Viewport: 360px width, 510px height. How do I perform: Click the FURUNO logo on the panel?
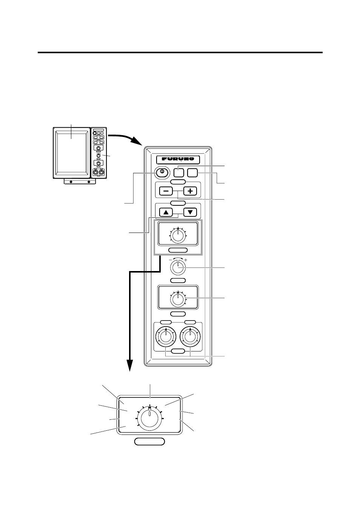point(178,159)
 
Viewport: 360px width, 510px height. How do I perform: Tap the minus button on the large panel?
point(166,191)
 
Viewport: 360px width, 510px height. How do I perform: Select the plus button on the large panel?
point(190,191)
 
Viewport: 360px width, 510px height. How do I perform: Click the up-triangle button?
point(166,212)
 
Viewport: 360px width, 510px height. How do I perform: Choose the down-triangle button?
point(190,212)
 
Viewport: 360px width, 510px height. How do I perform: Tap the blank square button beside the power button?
point(178,173)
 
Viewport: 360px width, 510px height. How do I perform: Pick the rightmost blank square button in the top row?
point(192,173)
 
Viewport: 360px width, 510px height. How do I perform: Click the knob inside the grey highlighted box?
point(178,236)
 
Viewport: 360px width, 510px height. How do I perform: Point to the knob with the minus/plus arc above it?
point(178,268)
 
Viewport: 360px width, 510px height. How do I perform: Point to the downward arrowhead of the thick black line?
point(130,365)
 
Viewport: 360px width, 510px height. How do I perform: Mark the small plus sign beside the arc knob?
point(185,260)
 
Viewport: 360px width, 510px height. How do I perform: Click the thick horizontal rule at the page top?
point(180,52)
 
